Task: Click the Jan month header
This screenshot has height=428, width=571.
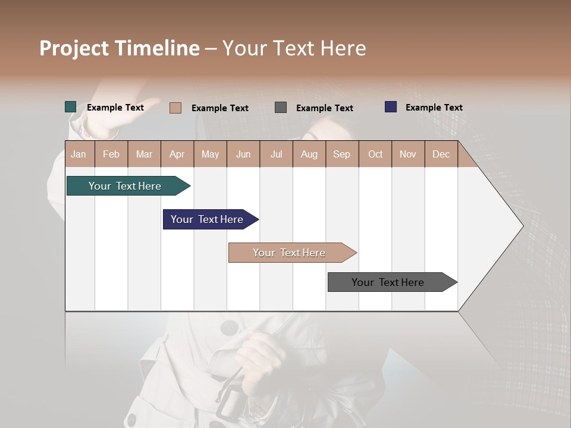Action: (x=79, y=154)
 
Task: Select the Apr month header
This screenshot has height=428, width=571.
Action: (x=177, y=154)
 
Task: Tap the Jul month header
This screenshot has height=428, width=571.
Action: (x=276, y=154)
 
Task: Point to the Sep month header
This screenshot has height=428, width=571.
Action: (x=341, y=154)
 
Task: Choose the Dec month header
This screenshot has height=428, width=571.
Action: (x=441, y=154)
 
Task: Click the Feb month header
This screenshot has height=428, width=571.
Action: (x=111, y=154)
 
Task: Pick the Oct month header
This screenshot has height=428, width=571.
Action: (x=375, y=154)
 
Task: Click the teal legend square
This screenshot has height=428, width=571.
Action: (x=70, y=107)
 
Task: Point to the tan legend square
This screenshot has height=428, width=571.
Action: (x=175, y=108)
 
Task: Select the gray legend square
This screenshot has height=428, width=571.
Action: (x=281, y=108)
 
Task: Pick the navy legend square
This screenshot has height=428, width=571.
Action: (x=391, y=107)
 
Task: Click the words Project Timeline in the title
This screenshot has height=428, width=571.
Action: (x=119, y=48)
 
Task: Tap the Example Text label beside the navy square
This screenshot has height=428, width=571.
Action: (x=434, y=108)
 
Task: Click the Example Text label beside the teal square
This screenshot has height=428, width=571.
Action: (x=115, y=108)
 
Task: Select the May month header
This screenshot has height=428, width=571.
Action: (x=210, y=154)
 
